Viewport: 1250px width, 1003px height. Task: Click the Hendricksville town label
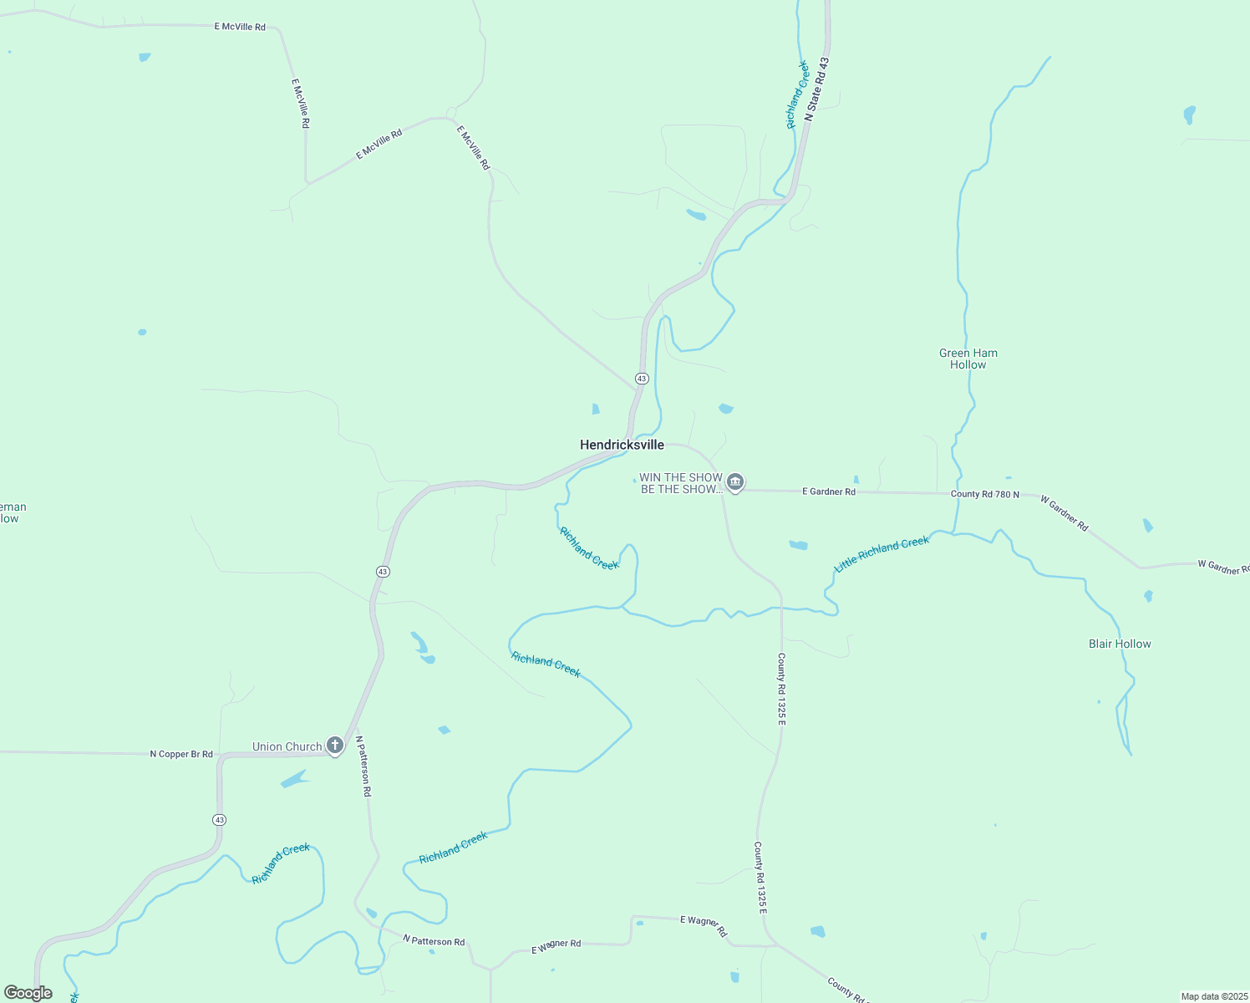(622, 445)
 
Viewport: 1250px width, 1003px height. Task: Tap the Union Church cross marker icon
(335, 746)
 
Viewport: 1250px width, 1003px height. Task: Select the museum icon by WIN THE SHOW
(735, 481)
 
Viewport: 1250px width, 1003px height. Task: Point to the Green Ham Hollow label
(968, 359)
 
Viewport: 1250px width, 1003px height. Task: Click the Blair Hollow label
(1120, 644)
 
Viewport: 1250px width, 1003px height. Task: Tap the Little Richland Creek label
(882, 553)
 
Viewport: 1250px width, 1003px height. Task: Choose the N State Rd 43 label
(817, 89)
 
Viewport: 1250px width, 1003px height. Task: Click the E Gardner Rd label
(828, 491)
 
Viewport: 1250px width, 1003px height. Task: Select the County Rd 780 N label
(984, 494)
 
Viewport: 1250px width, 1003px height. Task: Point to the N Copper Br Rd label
(181, 754)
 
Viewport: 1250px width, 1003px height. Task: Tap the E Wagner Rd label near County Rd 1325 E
(704, 925)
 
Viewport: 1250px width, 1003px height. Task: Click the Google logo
(28, 993)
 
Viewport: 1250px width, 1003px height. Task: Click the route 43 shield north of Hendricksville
(641, 379)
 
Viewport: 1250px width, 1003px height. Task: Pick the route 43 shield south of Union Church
(219, 820)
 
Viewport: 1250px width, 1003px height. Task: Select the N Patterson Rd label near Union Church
(363, 766)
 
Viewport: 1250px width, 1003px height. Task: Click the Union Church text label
(287, 746)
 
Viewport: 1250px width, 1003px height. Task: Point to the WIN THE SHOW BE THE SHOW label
(680, 483)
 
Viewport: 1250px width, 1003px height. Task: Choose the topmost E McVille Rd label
(240, 27)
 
